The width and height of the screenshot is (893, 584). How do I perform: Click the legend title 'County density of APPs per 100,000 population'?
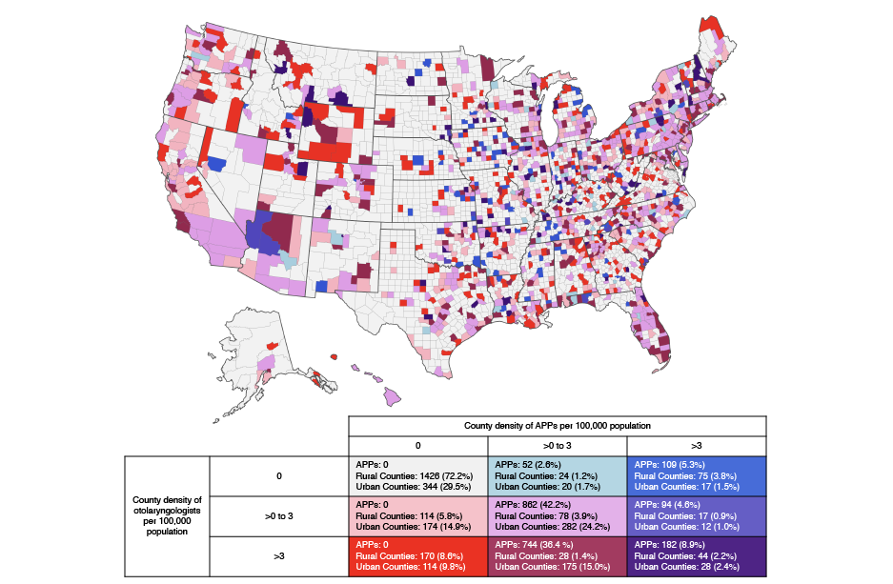click(557, 426)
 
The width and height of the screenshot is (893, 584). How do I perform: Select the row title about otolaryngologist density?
click(167, 515)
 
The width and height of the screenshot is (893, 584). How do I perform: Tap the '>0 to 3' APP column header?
click(557, 445)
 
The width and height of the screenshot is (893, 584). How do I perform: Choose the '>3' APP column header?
click(696, 445)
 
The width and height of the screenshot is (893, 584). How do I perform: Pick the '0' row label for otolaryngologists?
click(278, 475)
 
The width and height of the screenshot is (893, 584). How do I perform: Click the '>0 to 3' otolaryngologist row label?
click(278, 515)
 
